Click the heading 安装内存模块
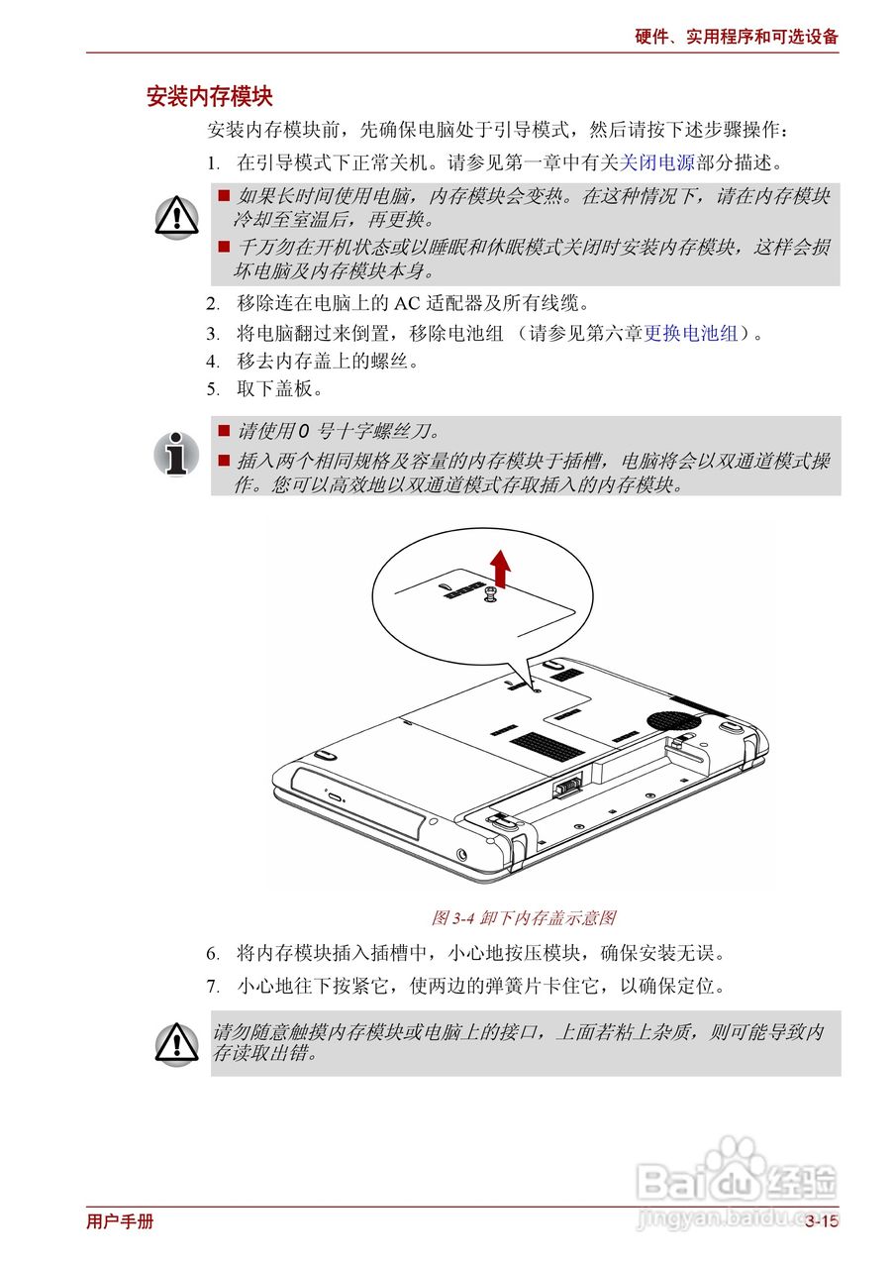tap(209, 96)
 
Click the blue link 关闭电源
tap(657, 163)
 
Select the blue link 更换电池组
tap(691, 333)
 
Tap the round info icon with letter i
tap(176, 454)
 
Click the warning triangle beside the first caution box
tap(176, 217)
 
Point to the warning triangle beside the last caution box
tap(176, 1044)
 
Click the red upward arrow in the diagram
tap(500, 568)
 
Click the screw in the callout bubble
tap(490, 595)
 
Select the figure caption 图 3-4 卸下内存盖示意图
tap(524, 918)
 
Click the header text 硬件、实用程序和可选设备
tap(737, 37)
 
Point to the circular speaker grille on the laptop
tap(673, 720)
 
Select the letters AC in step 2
tap(406, 304)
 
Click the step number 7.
tap(212, 987)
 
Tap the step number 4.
tap(212, 362)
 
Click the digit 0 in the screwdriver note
tap(303, 432)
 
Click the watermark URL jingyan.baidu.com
tap(738, 1215)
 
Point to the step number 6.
tap(212, 954)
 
